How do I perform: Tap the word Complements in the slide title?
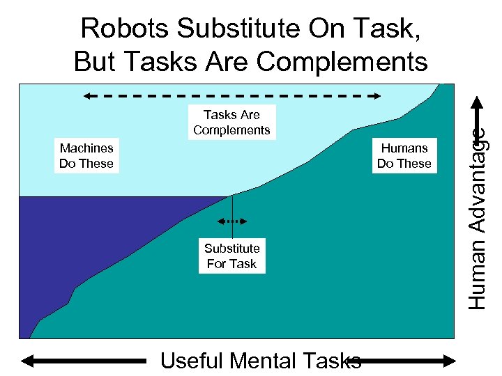click(x=341, y=61)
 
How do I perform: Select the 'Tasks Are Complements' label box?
click(x=231, y=122)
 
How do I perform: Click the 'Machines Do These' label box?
click(x=86, y=156)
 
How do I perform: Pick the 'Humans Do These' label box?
click(x=404, y=156)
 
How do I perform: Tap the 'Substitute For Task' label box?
click(x=231, y=256)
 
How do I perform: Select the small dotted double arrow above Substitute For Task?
click(x=231, y=221)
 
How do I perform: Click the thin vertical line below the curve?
click(x=232, y=209)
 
